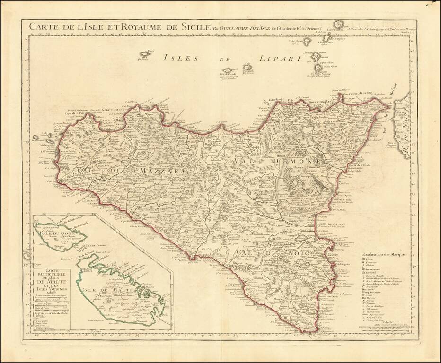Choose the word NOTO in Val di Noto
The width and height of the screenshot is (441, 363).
tap(296, 254)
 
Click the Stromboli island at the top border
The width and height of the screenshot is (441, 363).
tap(339, 25)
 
